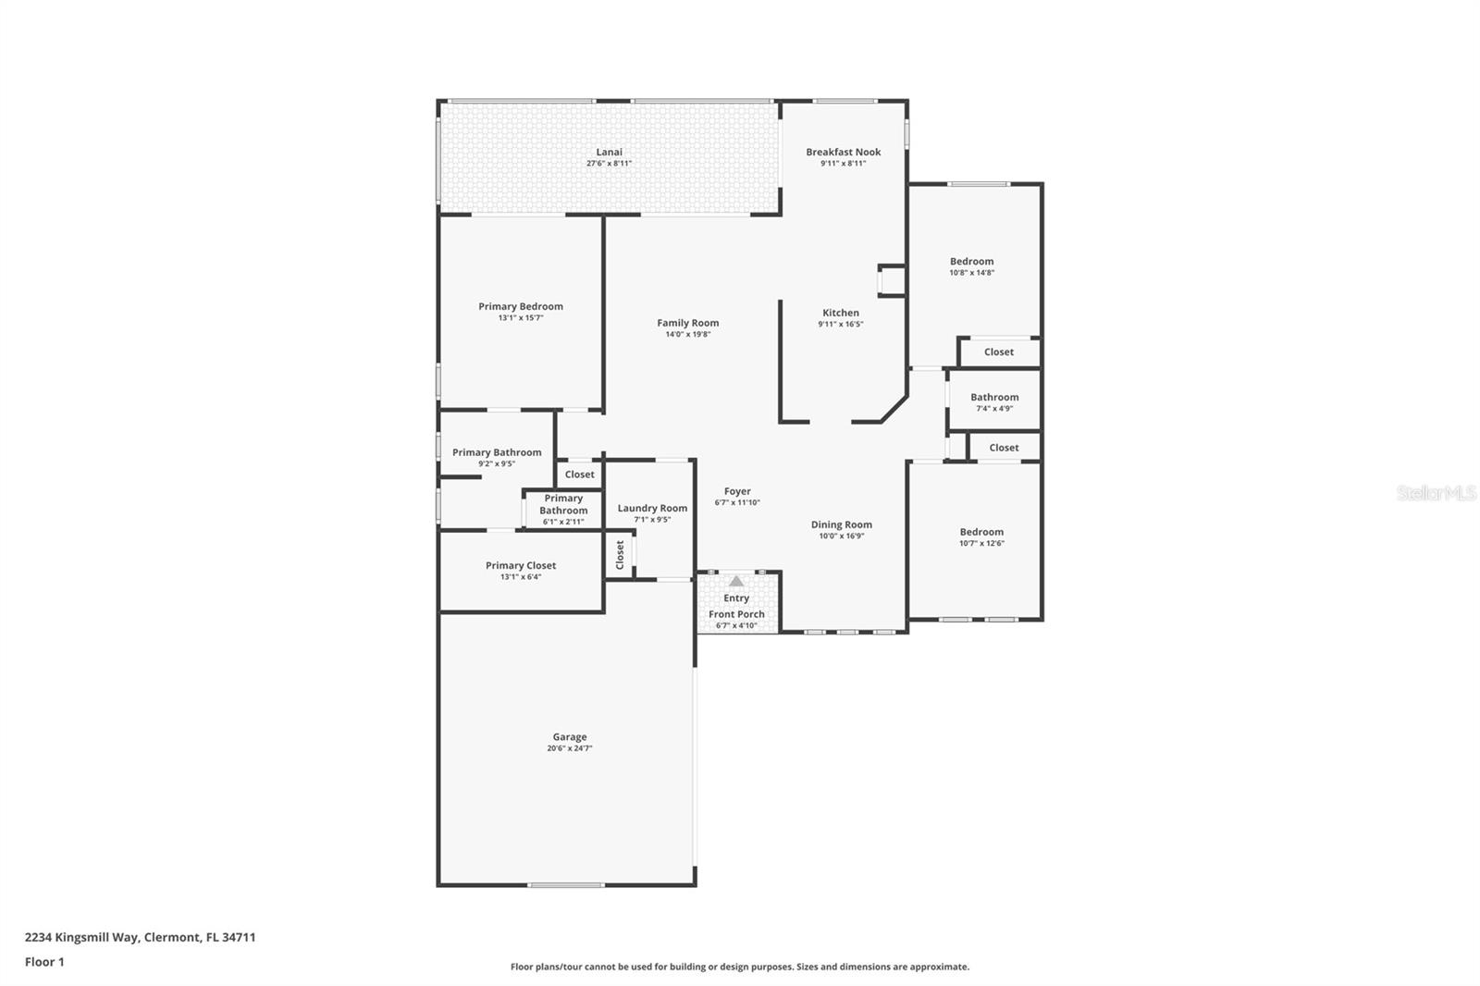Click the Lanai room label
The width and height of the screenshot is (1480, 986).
pos(609,152)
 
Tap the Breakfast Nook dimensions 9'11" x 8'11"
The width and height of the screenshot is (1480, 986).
pos(843,164)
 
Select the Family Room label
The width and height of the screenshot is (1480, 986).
pos(687,323)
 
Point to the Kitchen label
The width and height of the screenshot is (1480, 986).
pos(841,313)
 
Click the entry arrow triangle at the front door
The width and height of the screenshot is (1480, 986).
pos(736,581)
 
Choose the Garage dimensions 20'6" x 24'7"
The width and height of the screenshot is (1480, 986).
pos(569,748)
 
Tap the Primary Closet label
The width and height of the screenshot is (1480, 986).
pos(521,565)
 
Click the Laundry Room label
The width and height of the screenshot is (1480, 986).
pos(652,508)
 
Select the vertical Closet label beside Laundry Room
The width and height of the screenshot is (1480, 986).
pos(620,555)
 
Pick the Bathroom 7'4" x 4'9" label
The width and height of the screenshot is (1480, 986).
pos(994,397)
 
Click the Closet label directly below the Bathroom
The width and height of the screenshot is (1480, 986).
pos(1004,448)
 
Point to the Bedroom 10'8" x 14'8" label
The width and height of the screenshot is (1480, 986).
pos(971,262)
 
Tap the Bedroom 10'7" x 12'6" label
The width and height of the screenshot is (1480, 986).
pos(981,532)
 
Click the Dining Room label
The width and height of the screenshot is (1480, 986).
pos(841,524)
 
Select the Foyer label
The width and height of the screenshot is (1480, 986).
pos(737,491)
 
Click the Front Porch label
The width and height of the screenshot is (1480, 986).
pos(736,614)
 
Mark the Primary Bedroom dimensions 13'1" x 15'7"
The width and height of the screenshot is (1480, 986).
pos(520,318)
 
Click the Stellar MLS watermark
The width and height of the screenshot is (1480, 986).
pos(1436,493)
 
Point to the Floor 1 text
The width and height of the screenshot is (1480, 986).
pos(44,962)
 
